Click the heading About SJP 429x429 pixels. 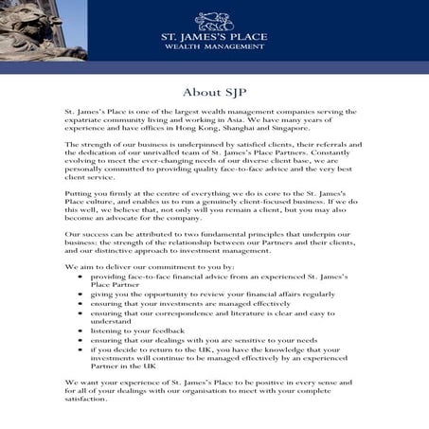click(x=214, y=92)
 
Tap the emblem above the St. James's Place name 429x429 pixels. click(x=214, y=19)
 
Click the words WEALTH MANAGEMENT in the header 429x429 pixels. click(x=214, y=45)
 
